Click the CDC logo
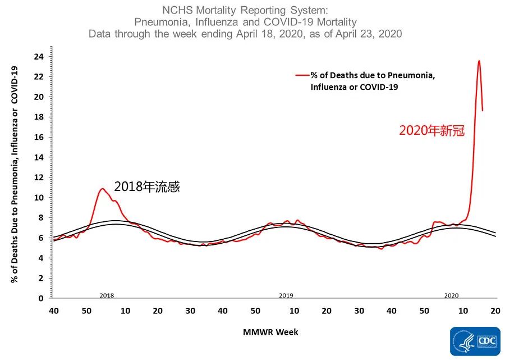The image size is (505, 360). click(x=475, y=342)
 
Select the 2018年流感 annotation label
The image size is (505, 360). click(x=147, y=187)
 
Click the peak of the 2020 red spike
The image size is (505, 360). click(x=479, y=61)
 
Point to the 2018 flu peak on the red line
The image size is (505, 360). click(x=102, y=189)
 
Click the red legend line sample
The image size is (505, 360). click(x=302, y=75)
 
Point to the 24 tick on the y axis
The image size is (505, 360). click(x=40, y=56)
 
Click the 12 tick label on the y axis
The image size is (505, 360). click(x=40, y=177)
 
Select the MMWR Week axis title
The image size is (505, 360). click(x=271, y=332)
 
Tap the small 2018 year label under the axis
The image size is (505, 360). click(x=107, y=295)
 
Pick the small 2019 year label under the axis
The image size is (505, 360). click(x=286, y=295)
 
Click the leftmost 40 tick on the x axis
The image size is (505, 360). click(x=54, y=311)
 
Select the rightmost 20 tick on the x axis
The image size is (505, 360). click(x=495, y=311)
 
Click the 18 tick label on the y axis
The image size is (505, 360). click(x=40, y=117)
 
